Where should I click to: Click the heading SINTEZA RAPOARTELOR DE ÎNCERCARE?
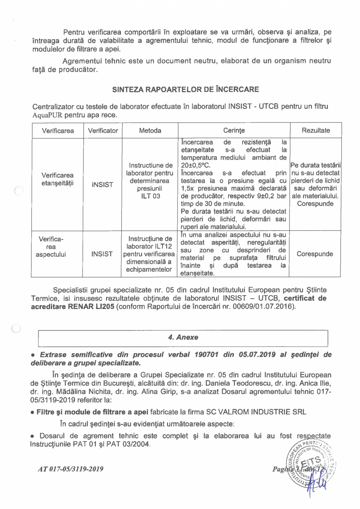pos(185,89)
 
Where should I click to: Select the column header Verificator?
pos(103,130)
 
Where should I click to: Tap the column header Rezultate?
pos(315,130)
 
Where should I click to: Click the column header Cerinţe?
pos(234,130)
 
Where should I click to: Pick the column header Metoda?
pos(150,130)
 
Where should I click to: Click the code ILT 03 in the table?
pos(151,196)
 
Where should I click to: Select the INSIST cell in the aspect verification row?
pos(103,254)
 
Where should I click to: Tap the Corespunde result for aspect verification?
pos(315,254)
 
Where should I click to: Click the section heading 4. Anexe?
pos(183,337)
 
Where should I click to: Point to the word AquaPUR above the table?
pos(48,116)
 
